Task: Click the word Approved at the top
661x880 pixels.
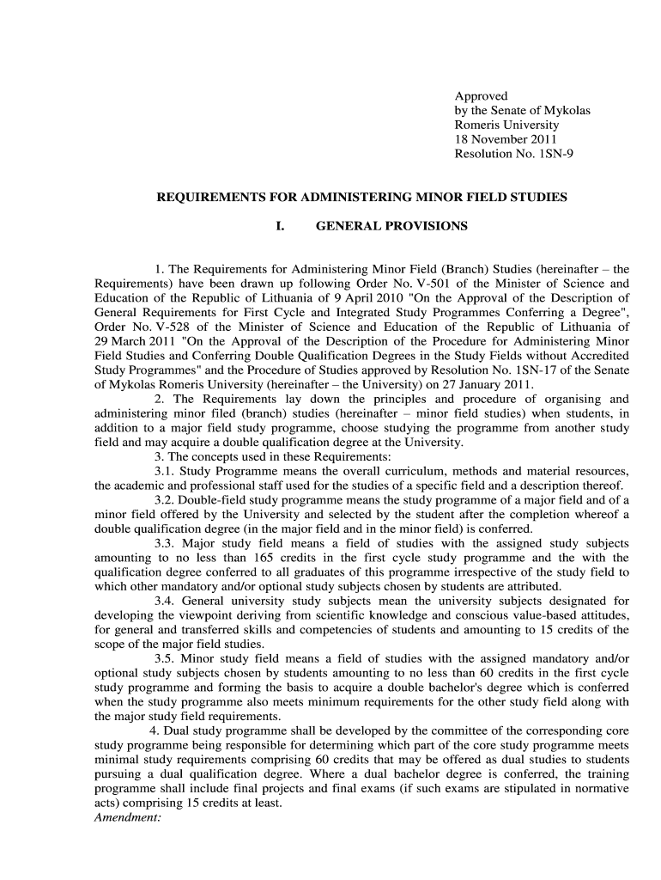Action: point(481,96)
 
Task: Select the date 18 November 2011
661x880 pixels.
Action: point(506,139)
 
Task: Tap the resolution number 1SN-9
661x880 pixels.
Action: point(540,153)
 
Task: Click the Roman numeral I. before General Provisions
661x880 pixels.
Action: point(279,226)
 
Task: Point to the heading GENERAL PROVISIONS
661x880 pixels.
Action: point(392,226)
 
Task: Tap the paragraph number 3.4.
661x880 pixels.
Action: point(165,602)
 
